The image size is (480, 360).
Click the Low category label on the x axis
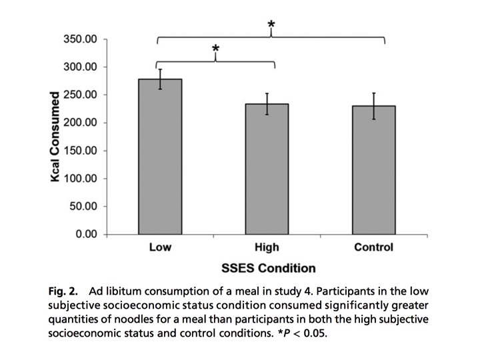pos(160,248)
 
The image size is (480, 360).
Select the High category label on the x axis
pos(267,248)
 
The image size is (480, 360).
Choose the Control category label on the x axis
pos(373,248)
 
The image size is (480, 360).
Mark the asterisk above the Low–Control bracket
pos(271,25)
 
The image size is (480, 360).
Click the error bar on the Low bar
pos(160,79)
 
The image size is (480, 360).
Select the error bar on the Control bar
pos(373,106)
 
